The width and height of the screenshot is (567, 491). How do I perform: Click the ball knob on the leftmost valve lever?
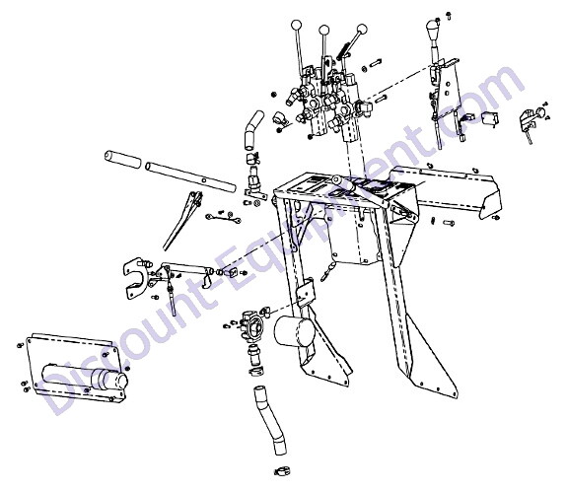pyautogui.click(x=296, y=26)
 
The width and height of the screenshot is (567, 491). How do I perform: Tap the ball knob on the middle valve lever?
pyautogui.click(x=324, y=30)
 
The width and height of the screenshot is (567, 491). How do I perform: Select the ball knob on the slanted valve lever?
pyautogui.click(x=362, y=30)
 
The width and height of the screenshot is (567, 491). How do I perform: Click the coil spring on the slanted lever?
pyautogui.click(x=343, y=51)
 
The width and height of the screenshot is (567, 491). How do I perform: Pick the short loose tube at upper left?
pyautogui.click(x=122, y=160)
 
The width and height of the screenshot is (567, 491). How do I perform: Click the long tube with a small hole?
pyautogui.click(x=190, y=177)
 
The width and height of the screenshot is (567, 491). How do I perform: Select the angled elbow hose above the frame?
pyautogui.click(x=253, y=130)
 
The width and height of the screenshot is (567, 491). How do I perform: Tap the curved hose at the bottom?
pyautogui.click(x=270, y=420)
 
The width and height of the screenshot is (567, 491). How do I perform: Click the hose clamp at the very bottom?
pyautogui.click(x=283, y=471)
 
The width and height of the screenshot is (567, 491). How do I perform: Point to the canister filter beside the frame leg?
pyautogui.click(x=295, y=331)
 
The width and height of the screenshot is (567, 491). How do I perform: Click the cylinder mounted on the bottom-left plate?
pyautogui.click(x=86, y=378)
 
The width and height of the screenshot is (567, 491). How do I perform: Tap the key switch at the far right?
pyautogui.click(x=532, y=118)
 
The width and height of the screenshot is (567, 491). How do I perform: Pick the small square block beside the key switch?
pyautogui.click(x=491, y=118)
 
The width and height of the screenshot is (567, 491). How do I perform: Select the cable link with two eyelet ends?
pyautogui.click(x=223, y=218)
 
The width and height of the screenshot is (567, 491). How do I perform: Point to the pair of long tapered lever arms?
pyautogui.click(x=182, y=221)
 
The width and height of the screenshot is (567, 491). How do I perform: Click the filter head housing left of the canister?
pyautogui.click(x=252, y=324)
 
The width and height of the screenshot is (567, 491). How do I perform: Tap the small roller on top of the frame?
pyautogui.click(x=339, y=179)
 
